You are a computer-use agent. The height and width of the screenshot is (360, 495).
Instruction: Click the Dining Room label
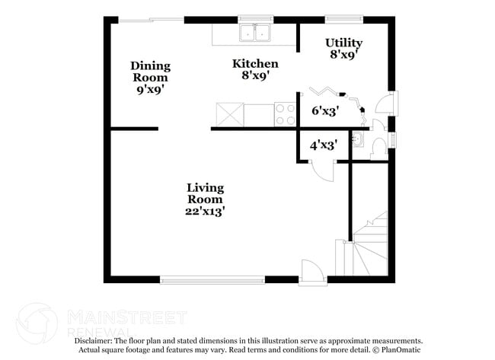tap(150, 72)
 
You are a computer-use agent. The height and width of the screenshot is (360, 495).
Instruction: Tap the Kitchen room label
tap(255, 64)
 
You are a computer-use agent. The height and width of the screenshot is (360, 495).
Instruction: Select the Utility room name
tap(343, 43)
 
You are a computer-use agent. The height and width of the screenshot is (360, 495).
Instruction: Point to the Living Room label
tap(206, 193)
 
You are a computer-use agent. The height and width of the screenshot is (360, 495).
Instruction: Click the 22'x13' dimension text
tap(206, 211)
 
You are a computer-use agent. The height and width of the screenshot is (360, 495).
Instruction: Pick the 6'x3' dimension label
tap(325, 110)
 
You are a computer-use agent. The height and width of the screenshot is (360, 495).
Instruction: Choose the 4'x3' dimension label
tap(324, 142)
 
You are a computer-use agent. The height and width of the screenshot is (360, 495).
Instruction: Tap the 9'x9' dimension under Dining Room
tap(150, 89)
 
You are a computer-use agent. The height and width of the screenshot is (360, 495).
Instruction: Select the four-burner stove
tap(285, 114)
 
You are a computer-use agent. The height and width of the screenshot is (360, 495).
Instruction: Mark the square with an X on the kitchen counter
tap(229, 114)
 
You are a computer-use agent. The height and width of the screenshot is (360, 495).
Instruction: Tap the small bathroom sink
tap(359, 141)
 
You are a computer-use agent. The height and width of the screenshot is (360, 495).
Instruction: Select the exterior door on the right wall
tap(389, 106)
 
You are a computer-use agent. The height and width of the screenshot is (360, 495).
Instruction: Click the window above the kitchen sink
tap(256, 18)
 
